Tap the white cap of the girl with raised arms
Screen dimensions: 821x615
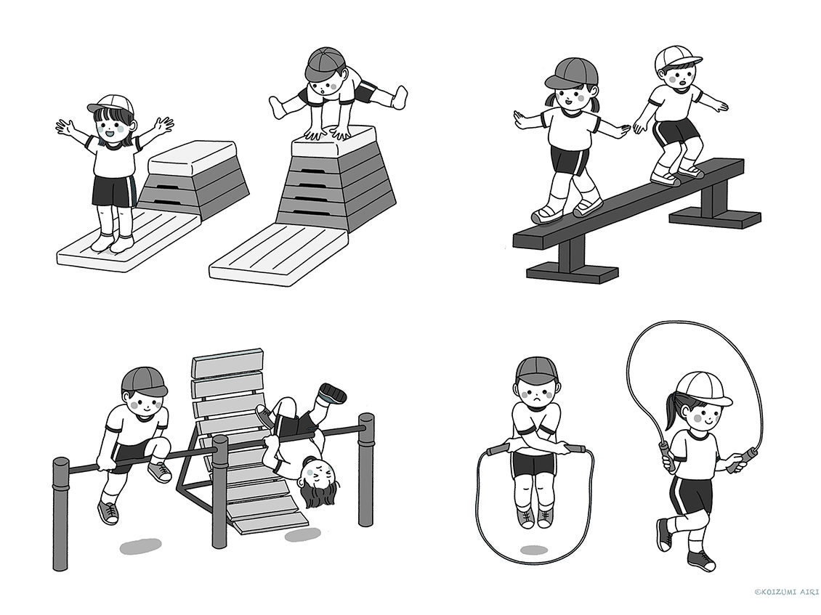click(x=110, y=104)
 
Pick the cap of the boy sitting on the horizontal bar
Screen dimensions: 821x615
click(x=144, y=381)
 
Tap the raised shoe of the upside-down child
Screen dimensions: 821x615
click(x=333, y=393)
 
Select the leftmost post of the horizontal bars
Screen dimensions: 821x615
click(x=61, y=515)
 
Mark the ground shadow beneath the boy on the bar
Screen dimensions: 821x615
click(x=139, y=547)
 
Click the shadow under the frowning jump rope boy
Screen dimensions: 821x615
click(x=535, y=550)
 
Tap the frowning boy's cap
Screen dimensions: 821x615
click(x=537, y=371)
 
